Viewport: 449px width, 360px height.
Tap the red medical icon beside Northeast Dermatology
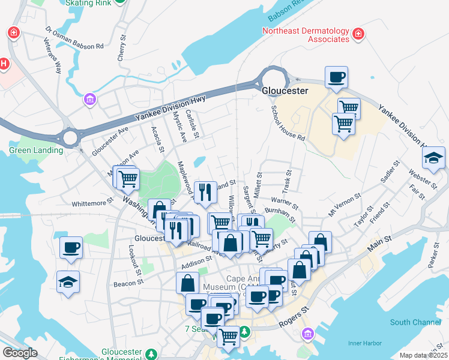pyautogui.click(x=358, y=34)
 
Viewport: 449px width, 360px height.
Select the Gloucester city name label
pyautogui.click(x=285, y=91)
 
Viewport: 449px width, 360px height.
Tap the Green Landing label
pyautogui.click(x=36, y=150)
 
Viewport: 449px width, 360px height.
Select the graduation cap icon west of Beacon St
pyautogui.click(x=68, y=281)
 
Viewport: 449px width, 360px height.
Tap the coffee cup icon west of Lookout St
pyautogui.click(x=71, y=247)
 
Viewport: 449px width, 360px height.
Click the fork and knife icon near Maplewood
pyautogui.click(x=205, y=191)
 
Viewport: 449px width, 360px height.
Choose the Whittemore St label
pyautogui.click(x=92, y=204)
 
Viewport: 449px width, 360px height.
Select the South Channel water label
pyautogui.click(x=415, y=322)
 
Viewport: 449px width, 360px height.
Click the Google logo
pyautogui.click(x=19, y=353)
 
